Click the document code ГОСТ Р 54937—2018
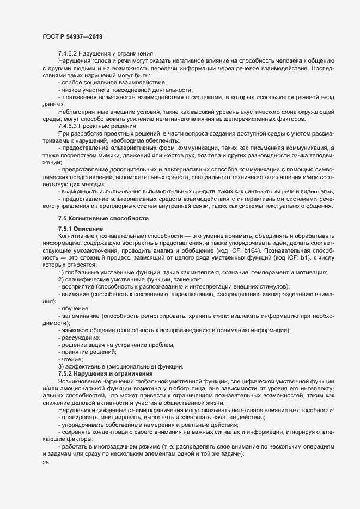[x=72, y=37]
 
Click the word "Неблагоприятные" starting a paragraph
[x=83, y=112]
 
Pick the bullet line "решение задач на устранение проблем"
[x=115, y=345]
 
